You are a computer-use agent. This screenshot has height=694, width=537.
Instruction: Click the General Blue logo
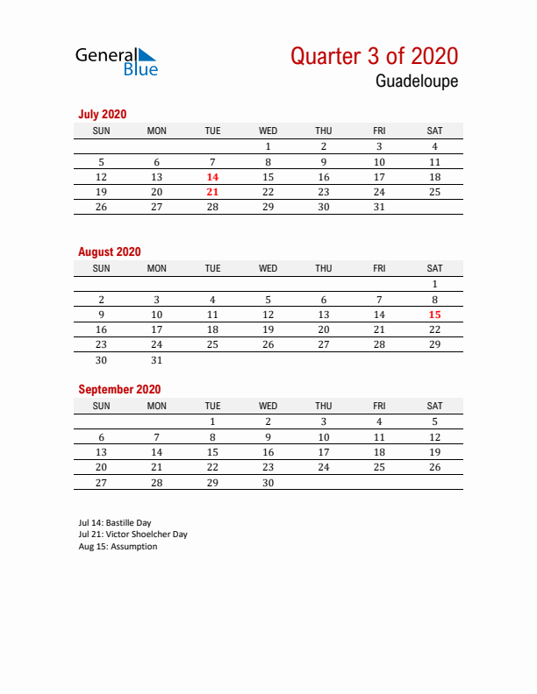pos(117,60)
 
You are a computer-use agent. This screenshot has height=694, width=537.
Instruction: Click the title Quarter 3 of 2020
pos(374,56)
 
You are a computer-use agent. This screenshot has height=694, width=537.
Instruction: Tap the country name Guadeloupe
pos(417,81)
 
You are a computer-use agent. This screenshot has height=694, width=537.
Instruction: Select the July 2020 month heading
pos(103,114)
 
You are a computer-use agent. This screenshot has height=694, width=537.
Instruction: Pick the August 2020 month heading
pos(109,251)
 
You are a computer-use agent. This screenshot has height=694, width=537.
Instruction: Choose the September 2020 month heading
pos(119,389)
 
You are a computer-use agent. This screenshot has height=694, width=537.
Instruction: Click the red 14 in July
pos(212,177)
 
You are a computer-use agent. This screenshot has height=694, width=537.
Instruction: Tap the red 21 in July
pos(212,192)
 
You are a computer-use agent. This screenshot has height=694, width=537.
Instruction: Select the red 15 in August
pos(434,315)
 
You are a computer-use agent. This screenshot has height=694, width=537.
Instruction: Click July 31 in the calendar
pos(379,208)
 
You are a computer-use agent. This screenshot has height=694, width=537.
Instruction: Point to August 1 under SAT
pos(434,284)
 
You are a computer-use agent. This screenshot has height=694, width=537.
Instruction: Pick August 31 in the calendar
pos(157,360)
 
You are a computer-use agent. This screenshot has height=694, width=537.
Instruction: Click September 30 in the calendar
pos(268,483)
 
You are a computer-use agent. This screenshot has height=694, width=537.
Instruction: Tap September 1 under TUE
pos(212,421)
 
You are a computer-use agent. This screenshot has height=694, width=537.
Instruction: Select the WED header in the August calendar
pos(268,268)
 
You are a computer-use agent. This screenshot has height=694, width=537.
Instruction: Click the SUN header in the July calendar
pos(101,131)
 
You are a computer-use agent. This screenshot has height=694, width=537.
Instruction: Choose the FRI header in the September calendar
pos(379,406)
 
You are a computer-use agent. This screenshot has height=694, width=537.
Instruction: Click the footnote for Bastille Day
pos(115,523)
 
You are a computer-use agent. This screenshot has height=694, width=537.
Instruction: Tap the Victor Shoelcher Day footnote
pos(132,535)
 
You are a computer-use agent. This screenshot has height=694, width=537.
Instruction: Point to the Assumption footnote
pos(118,547)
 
